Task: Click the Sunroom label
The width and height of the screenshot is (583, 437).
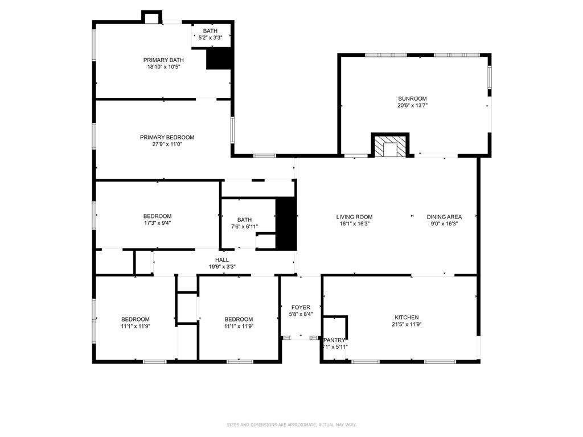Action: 412,98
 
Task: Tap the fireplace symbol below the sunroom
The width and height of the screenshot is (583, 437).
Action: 391,146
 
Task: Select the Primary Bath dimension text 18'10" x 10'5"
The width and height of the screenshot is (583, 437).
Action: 163,67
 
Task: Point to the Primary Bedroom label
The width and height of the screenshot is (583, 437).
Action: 167,137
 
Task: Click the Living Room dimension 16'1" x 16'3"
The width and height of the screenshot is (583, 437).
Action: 354,224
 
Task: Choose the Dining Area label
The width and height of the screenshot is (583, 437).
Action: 444,217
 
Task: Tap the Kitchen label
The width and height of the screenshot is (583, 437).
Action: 407,318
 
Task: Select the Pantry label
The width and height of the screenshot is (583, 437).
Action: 334,340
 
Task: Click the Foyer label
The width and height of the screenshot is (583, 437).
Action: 301,307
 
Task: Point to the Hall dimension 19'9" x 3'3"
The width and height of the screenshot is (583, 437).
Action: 222,266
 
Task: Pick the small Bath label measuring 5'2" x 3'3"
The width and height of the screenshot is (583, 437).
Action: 210,31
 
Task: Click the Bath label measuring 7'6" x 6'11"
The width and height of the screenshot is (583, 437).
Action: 244,220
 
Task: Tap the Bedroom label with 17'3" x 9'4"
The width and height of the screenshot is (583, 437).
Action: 157,216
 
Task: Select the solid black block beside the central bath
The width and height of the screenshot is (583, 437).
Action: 286,224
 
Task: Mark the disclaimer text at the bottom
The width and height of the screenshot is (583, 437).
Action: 291,424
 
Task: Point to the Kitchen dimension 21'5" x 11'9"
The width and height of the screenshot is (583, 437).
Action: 407,324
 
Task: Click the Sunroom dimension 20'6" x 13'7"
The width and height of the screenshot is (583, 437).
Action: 412,105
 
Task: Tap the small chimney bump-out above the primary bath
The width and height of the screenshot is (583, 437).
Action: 151,17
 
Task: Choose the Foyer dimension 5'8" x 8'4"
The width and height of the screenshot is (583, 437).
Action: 301,314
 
